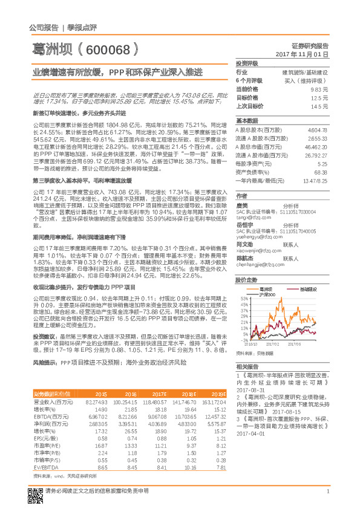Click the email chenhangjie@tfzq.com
click(x=260, y=264)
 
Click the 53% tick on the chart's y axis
click(x=244, y=298)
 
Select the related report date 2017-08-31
click(x=254, y=391)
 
